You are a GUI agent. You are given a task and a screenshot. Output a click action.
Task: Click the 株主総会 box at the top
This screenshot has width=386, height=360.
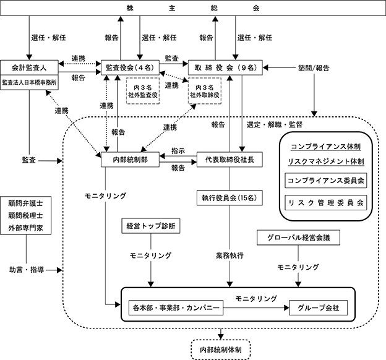click(x=193, y=8)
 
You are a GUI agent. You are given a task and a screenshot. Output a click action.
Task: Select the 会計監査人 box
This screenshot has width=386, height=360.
click(x=29, y=67)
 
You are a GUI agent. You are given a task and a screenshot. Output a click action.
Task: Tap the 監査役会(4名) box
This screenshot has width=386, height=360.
click(x=131, y=67)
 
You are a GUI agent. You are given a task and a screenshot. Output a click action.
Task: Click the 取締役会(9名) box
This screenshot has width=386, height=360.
click(x=225, y=67)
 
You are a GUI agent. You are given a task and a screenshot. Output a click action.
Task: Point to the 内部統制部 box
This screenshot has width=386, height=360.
click(x=131, y=160)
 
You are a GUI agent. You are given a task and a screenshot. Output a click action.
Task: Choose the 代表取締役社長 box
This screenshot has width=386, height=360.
click(x=229, y=160)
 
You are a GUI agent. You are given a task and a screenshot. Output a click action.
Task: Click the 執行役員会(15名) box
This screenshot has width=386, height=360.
click(x=229, y=198)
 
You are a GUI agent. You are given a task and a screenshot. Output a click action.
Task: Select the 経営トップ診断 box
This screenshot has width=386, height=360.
click(x=151, y=226)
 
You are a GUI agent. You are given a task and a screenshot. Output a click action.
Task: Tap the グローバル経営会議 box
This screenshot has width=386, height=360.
click(x=298, y=238)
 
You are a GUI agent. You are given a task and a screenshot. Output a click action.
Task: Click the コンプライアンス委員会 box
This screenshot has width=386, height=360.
click(x=325, y=181)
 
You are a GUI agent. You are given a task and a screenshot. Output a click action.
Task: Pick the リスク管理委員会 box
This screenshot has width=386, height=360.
click(x=325, y=203)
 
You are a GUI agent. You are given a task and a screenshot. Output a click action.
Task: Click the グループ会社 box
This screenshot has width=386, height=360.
click(x=319, y=308)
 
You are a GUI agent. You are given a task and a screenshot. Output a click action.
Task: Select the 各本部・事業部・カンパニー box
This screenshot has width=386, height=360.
click(x=176, y=308)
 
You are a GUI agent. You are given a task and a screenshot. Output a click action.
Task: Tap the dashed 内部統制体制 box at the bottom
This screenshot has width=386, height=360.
click(x=221, y=349)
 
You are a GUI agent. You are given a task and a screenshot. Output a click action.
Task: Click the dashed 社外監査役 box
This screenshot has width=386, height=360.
click(x=143, y=91)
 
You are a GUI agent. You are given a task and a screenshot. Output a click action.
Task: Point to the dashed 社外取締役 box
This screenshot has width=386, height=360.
click(x=205, y=91)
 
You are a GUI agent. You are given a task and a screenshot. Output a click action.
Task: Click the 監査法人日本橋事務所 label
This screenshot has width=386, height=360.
click(x=29, y=82)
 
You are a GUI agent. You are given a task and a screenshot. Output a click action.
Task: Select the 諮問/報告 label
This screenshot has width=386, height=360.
click(x=314, y=67)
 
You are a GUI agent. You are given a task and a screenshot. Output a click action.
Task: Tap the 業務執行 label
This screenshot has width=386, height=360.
click(x=229, y=255)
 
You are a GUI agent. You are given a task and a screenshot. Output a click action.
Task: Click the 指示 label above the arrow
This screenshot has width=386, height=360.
click(x=178, y=151)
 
